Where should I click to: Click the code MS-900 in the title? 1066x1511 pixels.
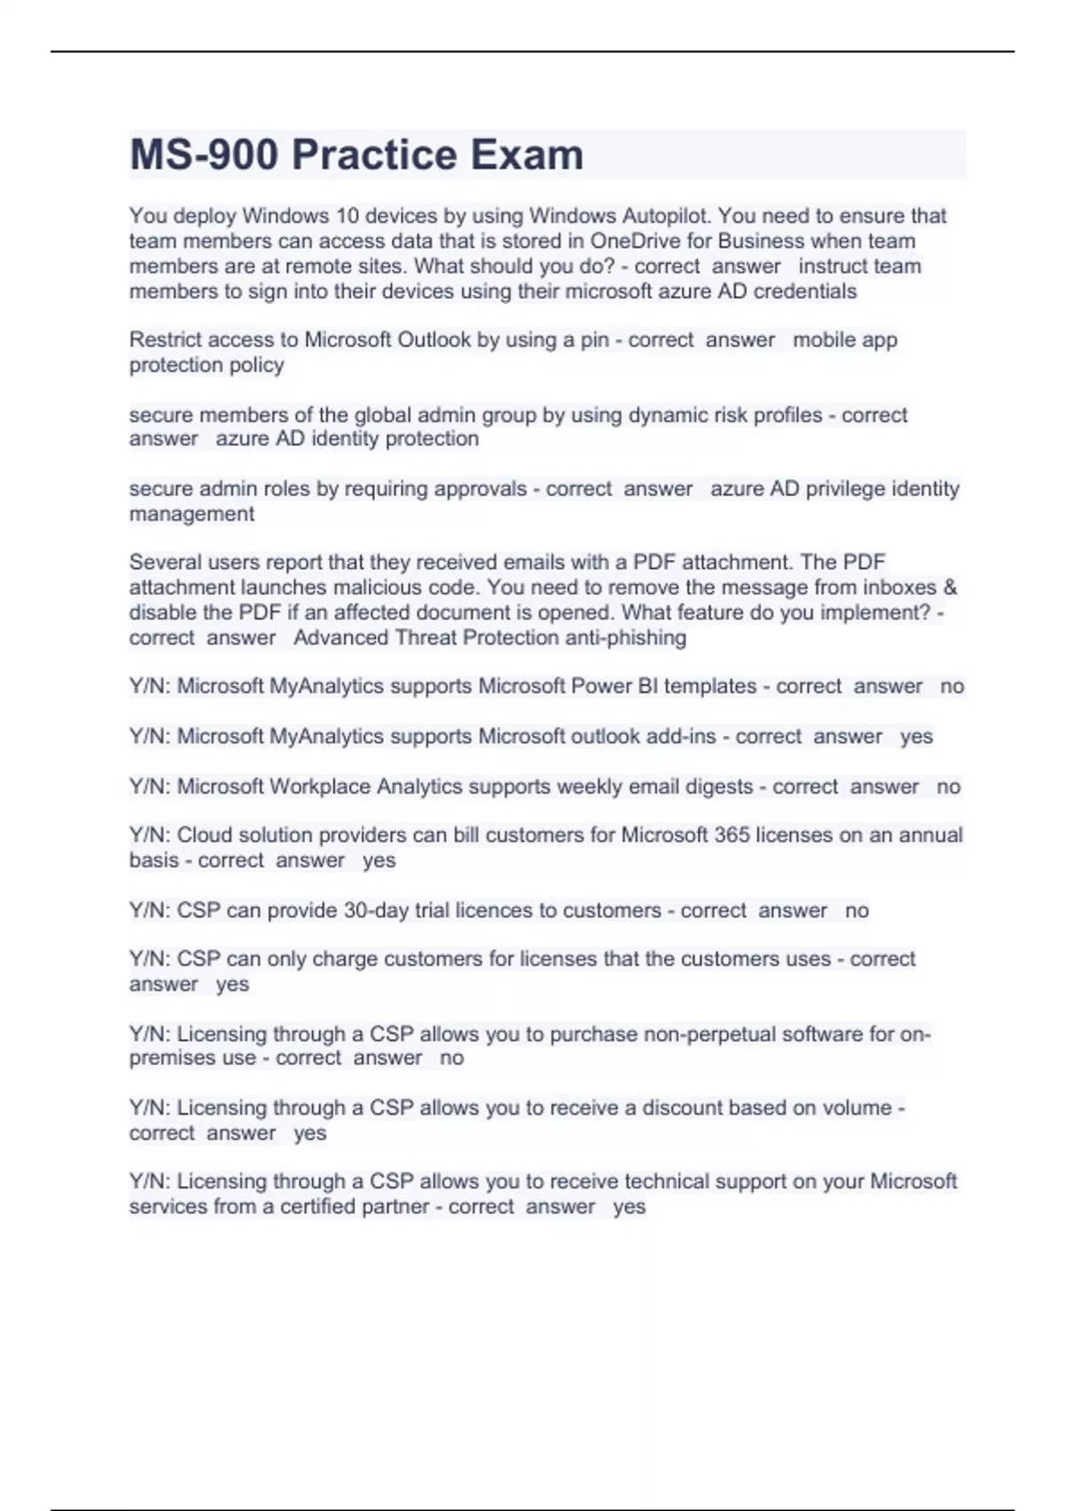tap(203, 156)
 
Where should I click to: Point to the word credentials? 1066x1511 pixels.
tap(805, 292)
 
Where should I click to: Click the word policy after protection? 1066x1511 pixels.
tap(257, 365)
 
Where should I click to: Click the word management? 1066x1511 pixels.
tap(191, 514)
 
